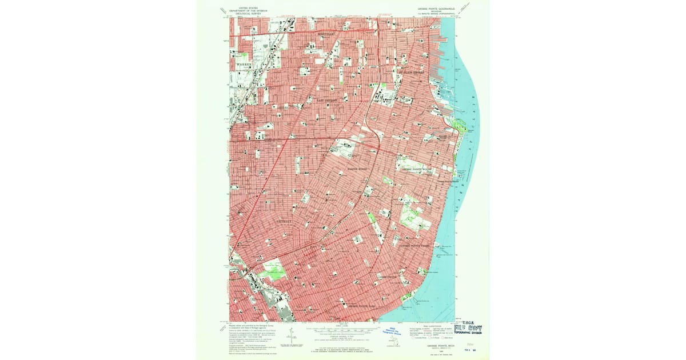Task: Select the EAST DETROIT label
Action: click(328, 100)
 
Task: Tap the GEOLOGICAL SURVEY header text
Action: click(248, 13)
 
